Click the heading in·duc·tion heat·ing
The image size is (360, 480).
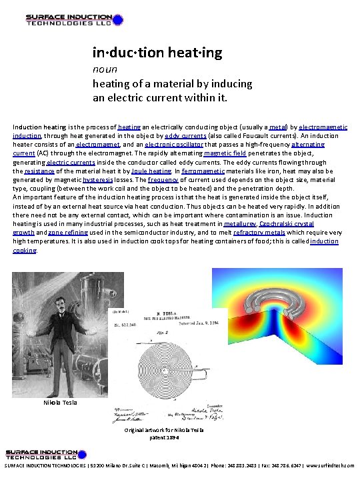tap(157, 52)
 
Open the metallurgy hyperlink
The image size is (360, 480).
tap(243, 225)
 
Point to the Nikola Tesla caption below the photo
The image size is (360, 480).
tap(60, 403)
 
